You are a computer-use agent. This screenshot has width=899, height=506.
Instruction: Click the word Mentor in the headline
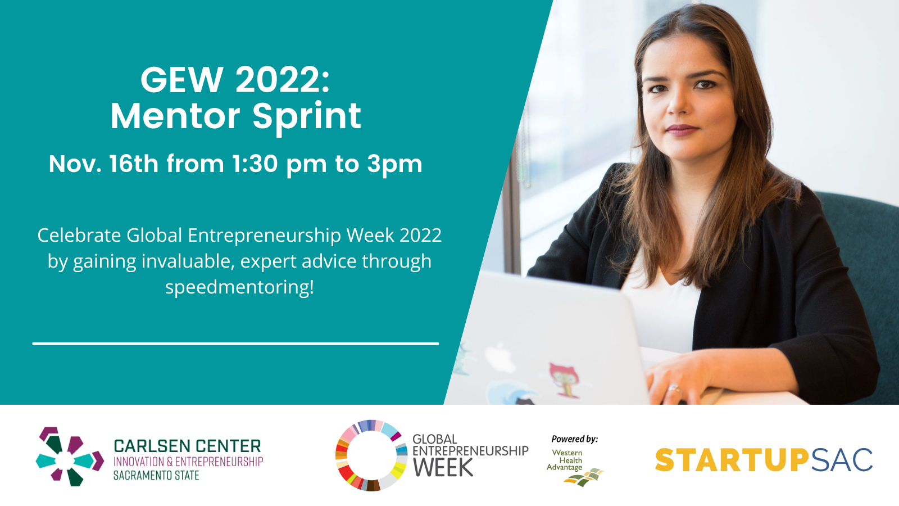pos(175,116)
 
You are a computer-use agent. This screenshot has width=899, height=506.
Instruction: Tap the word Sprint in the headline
pos(307,118)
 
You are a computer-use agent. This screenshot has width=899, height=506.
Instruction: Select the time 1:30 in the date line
pos(255,164)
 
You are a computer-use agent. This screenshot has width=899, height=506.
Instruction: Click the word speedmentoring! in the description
pos(239,287)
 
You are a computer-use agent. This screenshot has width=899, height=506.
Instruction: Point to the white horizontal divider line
pos(235,344)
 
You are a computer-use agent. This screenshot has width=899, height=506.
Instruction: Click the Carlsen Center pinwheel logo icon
pos(70,457)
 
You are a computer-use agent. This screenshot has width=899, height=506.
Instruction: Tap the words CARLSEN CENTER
pos(188,446)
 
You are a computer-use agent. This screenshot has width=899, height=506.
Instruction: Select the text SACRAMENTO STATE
pos(156,476)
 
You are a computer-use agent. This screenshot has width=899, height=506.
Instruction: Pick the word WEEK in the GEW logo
pos(443,468)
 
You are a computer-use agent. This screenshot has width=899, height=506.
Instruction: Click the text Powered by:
pos(575,439)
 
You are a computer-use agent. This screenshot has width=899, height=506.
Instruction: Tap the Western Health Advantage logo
pos(575,467)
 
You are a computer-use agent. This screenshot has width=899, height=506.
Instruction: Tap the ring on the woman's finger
pos(674,388)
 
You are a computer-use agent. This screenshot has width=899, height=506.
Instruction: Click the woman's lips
pos(682,130)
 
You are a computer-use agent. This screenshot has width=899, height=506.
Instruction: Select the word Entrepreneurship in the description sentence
pos(264,236)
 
